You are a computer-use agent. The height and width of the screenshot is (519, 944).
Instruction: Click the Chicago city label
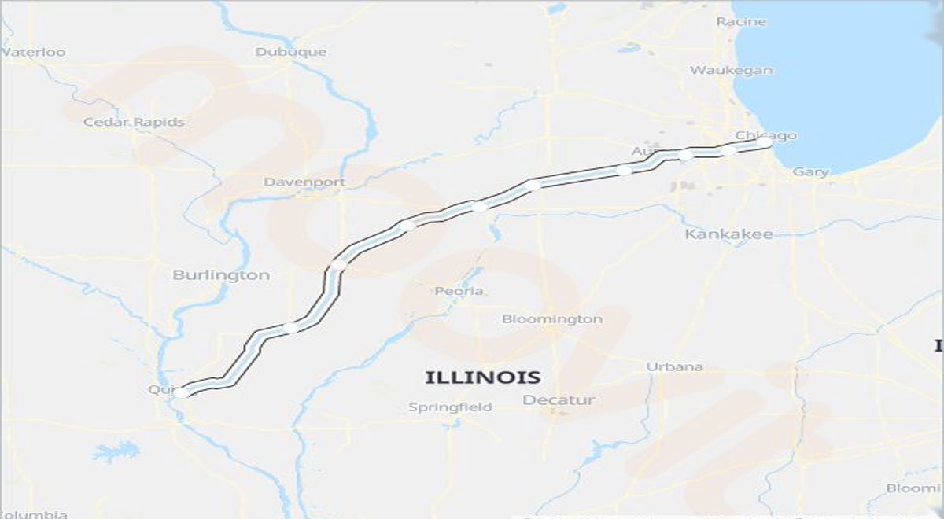tap(765, 135)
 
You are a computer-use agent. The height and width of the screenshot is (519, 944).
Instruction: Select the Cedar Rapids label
tap(134, 122)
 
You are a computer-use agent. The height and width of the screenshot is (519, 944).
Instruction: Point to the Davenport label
tap(304, 182)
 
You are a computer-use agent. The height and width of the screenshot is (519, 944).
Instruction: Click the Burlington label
tap(220, 275)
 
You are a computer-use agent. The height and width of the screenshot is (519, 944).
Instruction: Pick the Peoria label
tap(459, 291)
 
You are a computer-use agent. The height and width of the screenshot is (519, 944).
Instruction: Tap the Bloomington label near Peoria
tap(552, 319)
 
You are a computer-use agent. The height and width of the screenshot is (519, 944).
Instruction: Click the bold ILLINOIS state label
tap(482, 377)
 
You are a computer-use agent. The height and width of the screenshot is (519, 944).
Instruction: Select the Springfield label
tap(450, 407)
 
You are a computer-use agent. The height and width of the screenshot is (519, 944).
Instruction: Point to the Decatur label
tap(559, 401)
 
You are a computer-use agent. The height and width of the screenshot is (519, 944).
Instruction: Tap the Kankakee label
tap(728, 234)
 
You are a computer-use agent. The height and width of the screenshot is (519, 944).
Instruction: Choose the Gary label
tap(810, 171)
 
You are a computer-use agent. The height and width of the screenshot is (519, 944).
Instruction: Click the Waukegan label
tap(731, 70)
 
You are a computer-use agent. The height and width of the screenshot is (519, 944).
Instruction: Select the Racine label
tap(740, 22)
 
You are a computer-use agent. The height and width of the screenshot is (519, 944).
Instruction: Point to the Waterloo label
tap(33, 53)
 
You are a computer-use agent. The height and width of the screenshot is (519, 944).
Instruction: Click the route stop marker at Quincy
tap(181, 392)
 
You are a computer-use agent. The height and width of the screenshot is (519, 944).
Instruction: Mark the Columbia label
tap(33, 514)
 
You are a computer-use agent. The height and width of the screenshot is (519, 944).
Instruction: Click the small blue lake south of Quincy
tap(116, 451)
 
